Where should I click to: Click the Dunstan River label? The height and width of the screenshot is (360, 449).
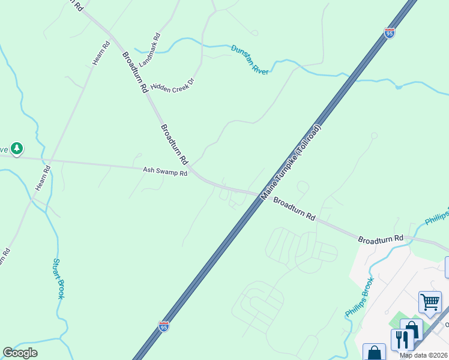click(250, 59)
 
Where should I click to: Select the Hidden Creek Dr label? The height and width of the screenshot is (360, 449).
click(173, 88)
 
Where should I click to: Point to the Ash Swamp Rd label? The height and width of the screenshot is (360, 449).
click(165, 172)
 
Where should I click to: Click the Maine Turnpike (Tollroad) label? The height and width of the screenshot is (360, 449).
click(292, 163)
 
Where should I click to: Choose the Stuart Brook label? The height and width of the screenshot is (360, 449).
click(58, 278)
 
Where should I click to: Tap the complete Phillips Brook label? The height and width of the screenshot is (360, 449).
click(360, 298)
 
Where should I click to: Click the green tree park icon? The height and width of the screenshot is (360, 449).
click(17, 148)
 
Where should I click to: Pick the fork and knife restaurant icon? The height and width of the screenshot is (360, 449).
click(402, 340)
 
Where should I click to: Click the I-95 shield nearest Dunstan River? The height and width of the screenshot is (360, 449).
click(390, 33)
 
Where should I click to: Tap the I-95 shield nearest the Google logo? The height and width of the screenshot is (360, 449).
click(164, 326)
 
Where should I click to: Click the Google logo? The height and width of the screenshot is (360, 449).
click(20, 353)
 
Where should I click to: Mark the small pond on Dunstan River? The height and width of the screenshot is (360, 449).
click(399, 86)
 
